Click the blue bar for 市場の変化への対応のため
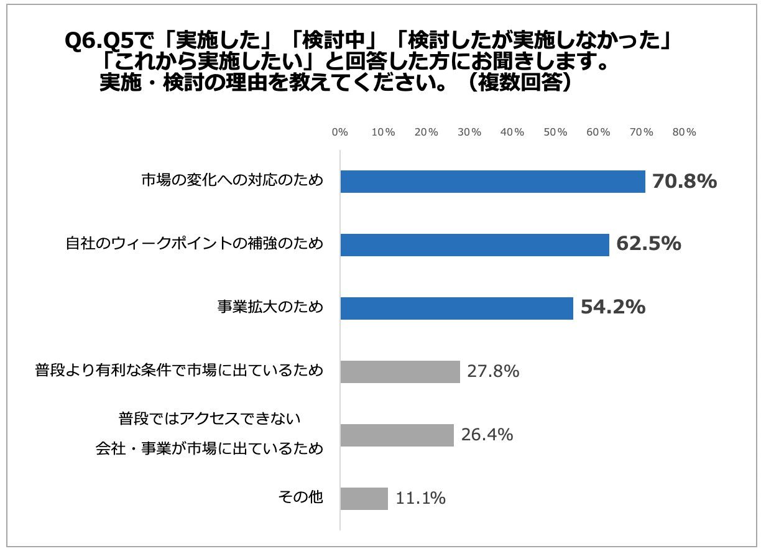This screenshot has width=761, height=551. coord(492,182)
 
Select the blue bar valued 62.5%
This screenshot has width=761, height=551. coord(474,245)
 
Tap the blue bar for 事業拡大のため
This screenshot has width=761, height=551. coord(456,308)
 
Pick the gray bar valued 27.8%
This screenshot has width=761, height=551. coord(400,372)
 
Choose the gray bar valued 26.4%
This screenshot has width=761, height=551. coord(397,435)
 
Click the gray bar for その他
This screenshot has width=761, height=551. coord(364,499)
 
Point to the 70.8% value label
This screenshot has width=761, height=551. coord(685,182)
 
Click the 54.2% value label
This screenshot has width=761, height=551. coord(612,307)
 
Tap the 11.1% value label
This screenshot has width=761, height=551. coord(420,498)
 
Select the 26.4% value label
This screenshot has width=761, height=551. coord(487,435)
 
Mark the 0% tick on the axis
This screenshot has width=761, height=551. coord(339,132)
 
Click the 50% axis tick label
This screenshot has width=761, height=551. coord(555,132)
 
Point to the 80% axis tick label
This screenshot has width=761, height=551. coord(684,132)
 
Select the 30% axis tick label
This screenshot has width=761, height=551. coord(469,132)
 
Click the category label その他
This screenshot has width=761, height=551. coord(301,498)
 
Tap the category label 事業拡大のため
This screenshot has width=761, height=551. coord(270,307)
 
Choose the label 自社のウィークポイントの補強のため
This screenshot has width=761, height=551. coord(195,244)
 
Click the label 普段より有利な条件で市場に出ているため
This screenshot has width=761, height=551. coord(180,371)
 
